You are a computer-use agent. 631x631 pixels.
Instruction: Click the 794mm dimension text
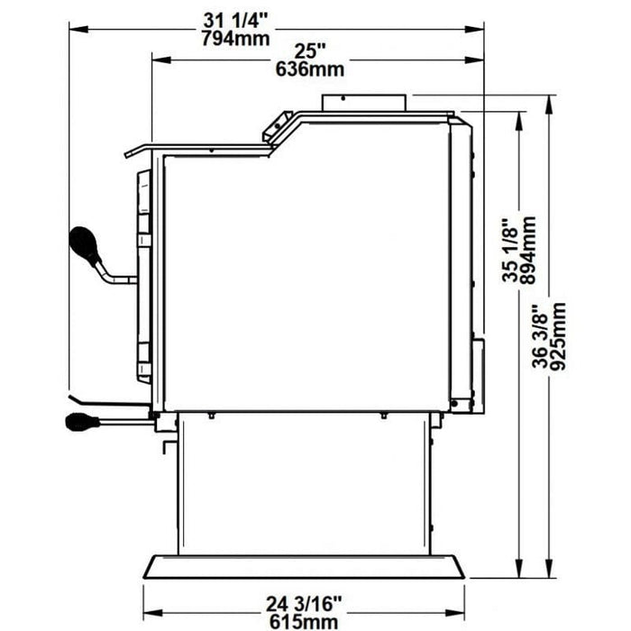click(235, 39)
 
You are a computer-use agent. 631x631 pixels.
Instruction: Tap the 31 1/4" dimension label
click(236, 21)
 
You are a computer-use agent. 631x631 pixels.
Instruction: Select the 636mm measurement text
click(310, 69)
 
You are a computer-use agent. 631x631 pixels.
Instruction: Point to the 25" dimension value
click(310, 51)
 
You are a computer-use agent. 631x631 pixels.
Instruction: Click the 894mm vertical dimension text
click(528, 251)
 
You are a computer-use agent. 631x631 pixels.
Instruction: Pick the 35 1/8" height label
click(510, 251)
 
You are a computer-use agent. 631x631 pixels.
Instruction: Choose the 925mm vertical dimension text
click(558, 336)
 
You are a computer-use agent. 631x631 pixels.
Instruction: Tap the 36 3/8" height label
click(540, 336)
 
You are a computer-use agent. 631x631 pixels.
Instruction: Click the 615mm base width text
click(304, 622)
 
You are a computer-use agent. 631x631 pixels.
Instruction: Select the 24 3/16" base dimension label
click(304, 604)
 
